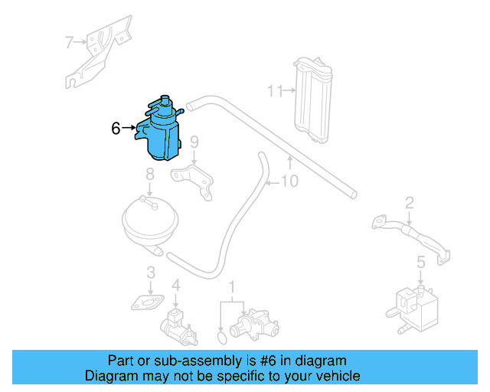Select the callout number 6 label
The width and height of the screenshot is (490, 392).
116,128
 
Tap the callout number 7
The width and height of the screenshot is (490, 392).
69,41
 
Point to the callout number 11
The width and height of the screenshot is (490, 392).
274,91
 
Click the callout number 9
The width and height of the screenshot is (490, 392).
194,142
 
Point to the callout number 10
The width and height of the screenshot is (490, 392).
289,182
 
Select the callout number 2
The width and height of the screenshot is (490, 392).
410,202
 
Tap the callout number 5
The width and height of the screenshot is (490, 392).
420,263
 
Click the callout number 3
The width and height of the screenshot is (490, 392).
151,272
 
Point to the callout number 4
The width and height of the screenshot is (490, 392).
175,286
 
